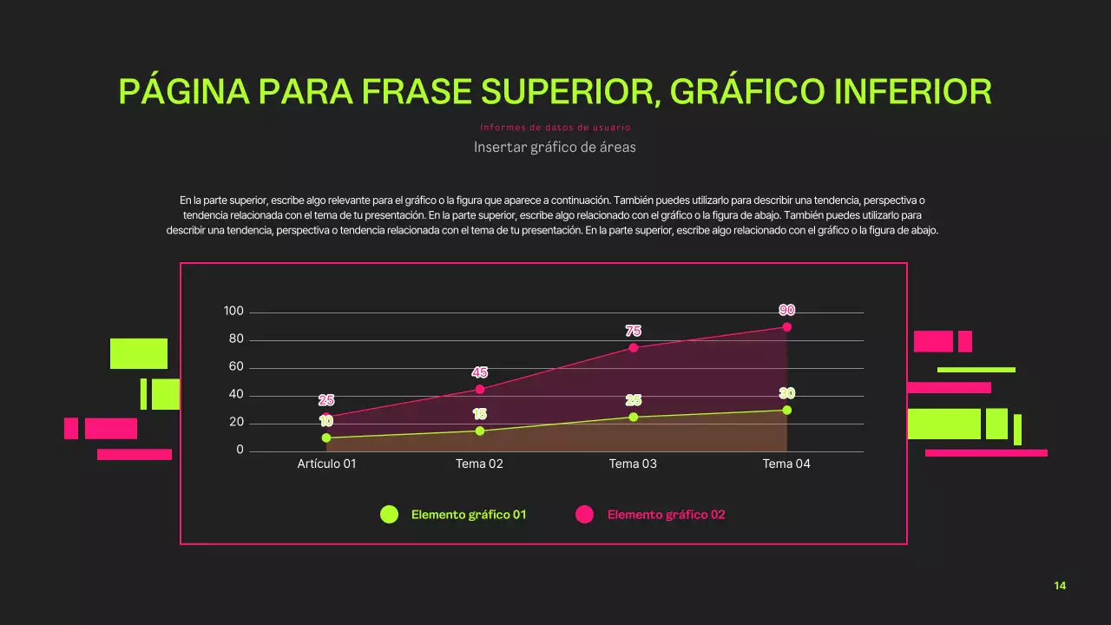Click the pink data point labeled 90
[786, 327]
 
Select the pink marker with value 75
[634, 348]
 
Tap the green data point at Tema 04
[786, 410]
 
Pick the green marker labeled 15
[480, 431]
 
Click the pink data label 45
[480, 372]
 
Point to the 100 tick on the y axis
[233, 312]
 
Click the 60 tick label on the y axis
[236, 367]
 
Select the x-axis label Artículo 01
[326, 464]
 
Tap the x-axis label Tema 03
[633, 464]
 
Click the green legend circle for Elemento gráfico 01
[390, 515]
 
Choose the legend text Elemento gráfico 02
[666, 515]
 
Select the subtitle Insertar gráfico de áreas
[555, 148]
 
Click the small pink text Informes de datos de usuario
[555, 128]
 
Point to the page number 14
[1060, 586]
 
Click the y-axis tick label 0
[240, 451]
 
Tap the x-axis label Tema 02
[479, 464]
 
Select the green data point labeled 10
[326, 437]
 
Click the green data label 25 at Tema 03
[634, 400]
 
